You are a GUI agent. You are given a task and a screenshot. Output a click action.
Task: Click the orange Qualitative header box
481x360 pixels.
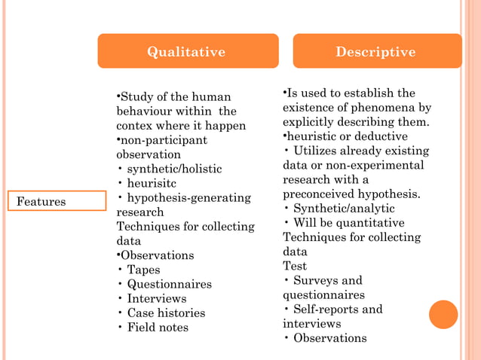187,51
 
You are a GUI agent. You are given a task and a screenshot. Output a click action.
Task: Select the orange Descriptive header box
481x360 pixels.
376,51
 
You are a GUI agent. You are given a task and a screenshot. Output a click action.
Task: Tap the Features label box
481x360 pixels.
57,201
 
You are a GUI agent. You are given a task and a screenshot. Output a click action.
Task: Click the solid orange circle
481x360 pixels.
443,314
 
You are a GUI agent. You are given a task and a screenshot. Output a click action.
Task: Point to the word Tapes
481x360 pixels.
143,270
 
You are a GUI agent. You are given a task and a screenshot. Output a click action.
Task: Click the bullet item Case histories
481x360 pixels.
166,313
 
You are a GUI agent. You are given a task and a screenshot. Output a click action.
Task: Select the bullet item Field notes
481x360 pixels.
158,327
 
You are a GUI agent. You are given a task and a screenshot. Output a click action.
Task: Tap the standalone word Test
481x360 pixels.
295,266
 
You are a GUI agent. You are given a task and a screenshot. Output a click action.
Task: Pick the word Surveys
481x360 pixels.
316,280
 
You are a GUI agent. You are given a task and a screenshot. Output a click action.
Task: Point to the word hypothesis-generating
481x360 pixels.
188,197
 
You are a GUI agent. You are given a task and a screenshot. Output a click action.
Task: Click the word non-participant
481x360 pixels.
161,140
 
